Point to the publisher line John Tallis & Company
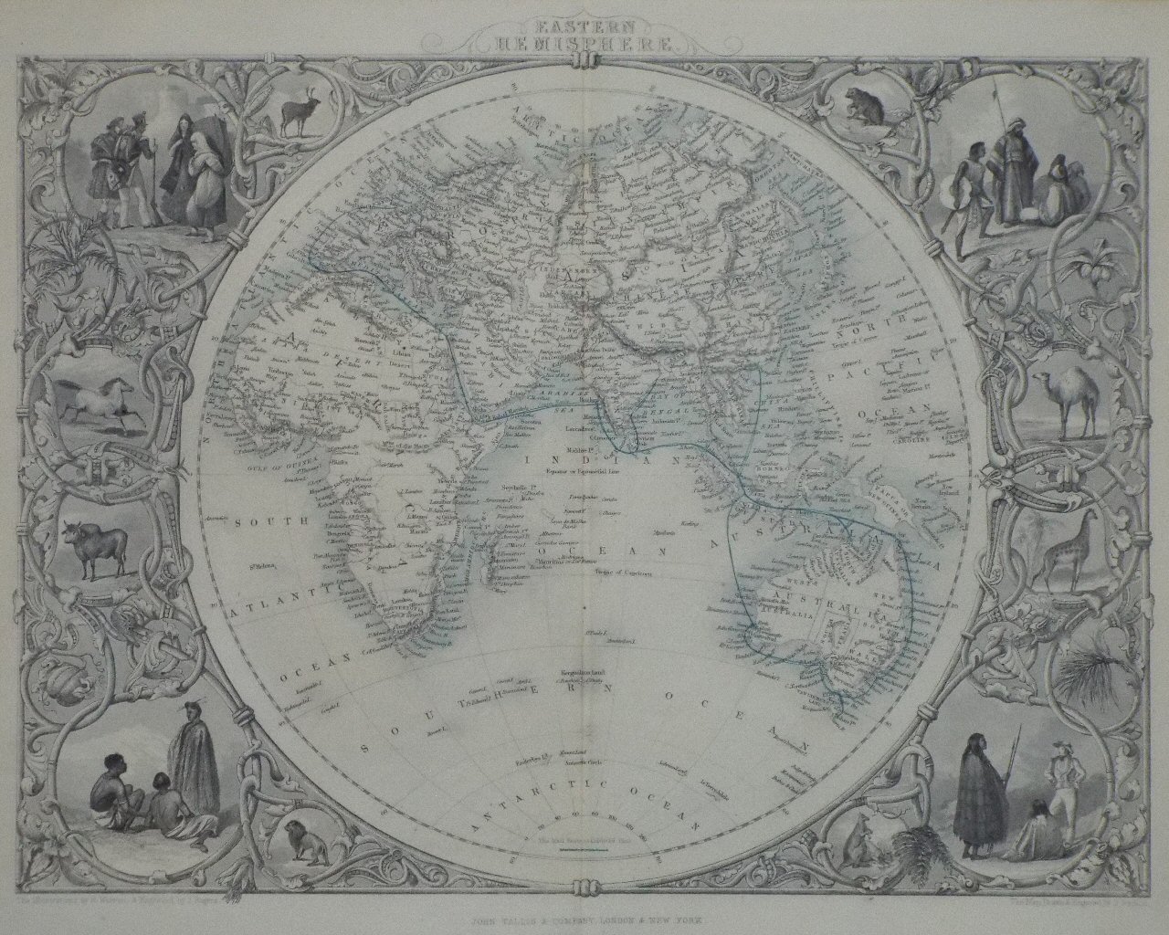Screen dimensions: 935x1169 tap(584, 925)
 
